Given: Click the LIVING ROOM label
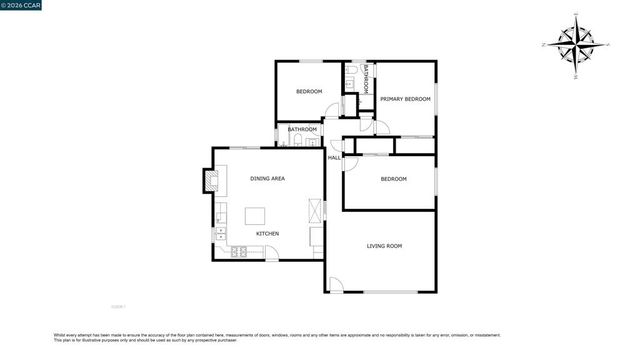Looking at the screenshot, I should (x=384, y=245).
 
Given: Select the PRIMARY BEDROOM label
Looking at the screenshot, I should (x=405, y=99).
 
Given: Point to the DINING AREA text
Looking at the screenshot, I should (x=268, y=178).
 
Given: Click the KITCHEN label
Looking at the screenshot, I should (x=267, y=233).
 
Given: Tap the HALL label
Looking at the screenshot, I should (x=334, y=158).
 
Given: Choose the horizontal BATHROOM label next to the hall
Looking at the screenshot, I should (x=302, y=129).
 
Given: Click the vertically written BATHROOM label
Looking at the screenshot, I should (x=366, y=77).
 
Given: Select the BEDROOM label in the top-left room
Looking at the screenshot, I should (x=309, y=92).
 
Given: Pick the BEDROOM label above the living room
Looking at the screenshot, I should (x=394, y=179).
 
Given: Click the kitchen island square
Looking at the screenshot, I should (x=256, y=215).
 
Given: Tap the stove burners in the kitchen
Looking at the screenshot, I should (x=240, y=251).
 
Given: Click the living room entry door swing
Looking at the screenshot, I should (x=336, y=285).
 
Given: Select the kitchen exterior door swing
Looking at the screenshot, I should (x=271, y=254).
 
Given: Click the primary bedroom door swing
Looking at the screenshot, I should (x=381, y=127).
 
